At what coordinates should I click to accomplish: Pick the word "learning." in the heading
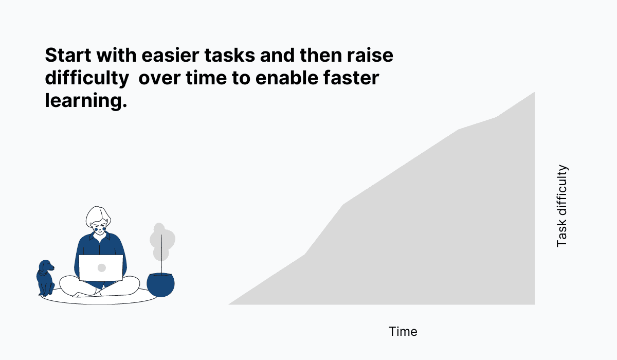pos(85,101)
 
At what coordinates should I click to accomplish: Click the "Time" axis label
pos(403,332)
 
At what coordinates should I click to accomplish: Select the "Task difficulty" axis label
pos(562,206)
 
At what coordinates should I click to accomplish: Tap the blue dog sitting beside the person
pos(45,280)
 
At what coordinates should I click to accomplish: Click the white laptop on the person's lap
pos(101,268)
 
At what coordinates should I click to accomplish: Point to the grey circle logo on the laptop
pos(102,268)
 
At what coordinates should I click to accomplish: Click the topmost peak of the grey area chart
pos(534,93)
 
